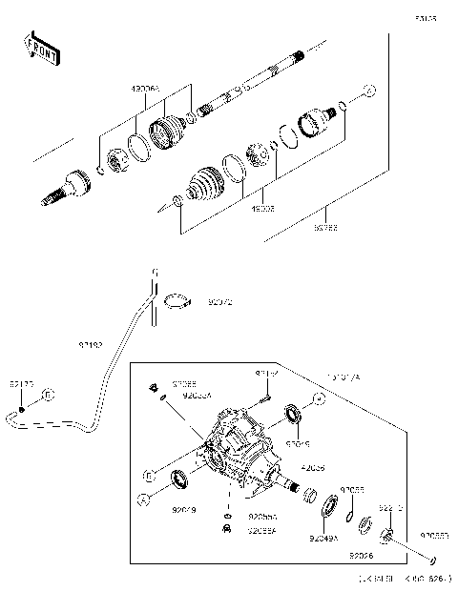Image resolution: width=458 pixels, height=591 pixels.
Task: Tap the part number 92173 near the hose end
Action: coord(21,383)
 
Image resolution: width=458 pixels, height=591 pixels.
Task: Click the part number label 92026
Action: coord(360,555)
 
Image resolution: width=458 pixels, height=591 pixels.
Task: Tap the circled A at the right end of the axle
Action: coord(370,91)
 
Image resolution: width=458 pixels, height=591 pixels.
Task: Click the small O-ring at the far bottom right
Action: coord(434,560)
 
